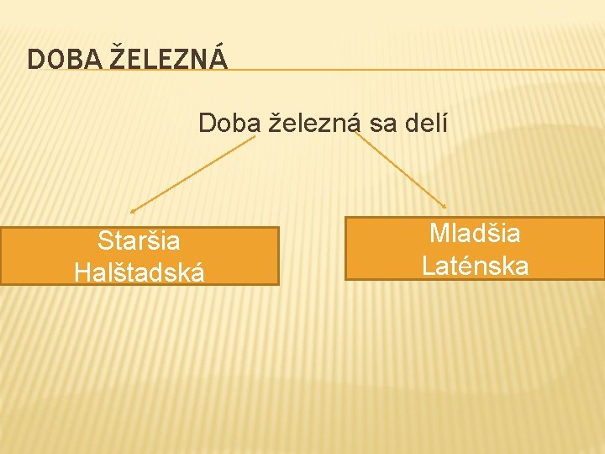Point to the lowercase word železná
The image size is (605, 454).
point(314,124)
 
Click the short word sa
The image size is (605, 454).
point(383,124)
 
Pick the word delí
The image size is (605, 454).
point(425,124)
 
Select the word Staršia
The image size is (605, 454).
point(139,241)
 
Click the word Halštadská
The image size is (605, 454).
point(139,272)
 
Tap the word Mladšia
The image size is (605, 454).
point(475,233)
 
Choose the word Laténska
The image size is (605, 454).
point(475,266)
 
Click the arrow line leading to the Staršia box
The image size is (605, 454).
point(193,174)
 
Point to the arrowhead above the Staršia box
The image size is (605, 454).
point(133,210)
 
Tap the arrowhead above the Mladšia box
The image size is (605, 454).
point(445,206)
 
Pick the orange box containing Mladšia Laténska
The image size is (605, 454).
point(378,249)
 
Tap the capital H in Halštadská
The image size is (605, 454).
point(82,272)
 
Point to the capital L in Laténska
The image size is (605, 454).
point(429,266)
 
